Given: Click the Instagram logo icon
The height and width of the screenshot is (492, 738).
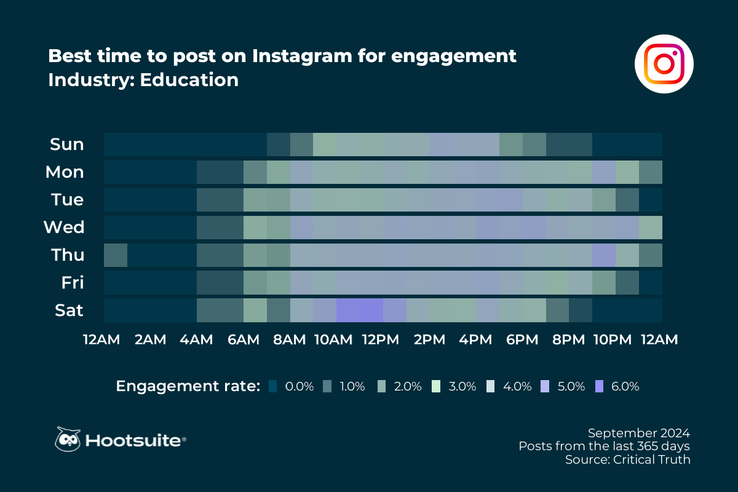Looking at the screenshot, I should coord(664,64).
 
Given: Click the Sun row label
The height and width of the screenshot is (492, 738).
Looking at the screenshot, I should coord(67,145).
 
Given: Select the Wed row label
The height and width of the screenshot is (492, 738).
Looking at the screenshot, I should coord(64,228).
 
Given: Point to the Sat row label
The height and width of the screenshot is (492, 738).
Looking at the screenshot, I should coord(68,311).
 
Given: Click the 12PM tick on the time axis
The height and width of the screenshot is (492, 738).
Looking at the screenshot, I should coord(383,340).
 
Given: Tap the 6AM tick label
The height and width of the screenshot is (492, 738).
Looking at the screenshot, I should coord(243,340).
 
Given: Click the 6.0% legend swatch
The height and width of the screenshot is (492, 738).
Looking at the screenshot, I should coord(600,387).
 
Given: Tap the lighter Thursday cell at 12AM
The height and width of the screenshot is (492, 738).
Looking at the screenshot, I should coord(116,255).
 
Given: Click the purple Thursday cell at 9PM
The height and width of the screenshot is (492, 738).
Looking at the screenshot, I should coord(603,255).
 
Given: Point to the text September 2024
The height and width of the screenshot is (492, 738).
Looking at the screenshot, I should coord(638,432).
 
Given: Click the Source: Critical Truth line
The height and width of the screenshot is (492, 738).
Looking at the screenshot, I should coord(627,459).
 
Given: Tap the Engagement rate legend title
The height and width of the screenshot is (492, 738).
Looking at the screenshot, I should coord(188,386).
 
